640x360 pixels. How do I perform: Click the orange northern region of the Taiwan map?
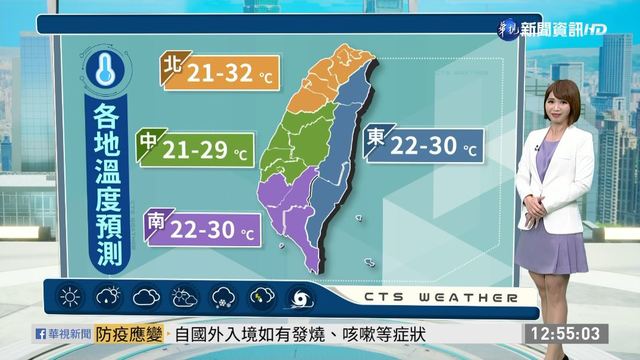325,81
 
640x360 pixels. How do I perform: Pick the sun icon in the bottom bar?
70,297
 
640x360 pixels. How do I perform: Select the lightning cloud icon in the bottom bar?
261,297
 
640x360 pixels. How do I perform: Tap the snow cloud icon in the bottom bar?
223,297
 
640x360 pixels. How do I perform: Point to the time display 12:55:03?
565,332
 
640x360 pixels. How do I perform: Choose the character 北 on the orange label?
171,66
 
